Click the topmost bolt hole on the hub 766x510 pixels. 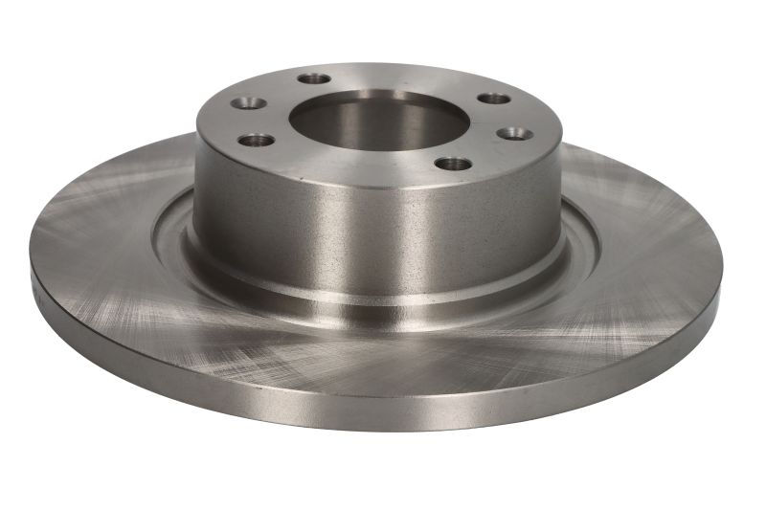click(314, 78)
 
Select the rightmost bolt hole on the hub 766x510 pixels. click(516, 133)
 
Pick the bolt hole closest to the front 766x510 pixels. click(453, 163)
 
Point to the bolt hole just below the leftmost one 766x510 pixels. click(255, 140)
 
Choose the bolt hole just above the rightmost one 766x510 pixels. click(494, 99)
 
